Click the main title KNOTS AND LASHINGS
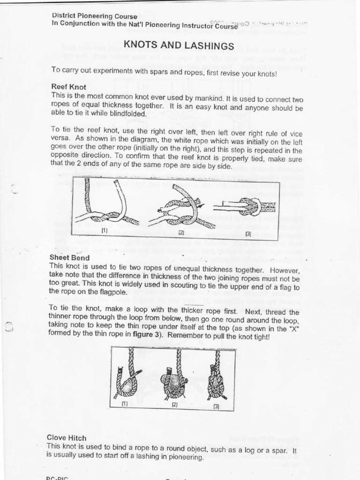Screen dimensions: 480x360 click(x=178, y=45)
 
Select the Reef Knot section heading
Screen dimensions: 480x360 click(x=68, y=87)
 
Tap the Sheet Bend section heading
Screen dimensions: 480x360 click(x=69, y=257)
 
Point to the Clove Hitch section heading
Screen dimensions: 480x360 click(x=67, y=438)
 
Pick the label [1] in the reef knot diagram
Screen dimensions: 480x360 click(x=105, y=230)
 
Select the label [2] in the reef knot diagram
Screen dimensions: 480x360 click(x=181, y=232)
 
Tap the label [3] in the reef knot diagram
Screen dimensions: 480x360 click(x=248, y=233)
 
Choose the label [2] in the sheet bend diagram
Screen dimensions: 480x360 click(x=174, y=404)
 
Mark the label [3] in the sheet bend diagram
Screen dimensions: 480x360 click(x=216, y=406)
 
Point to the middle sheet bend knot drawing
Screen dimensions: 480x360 click(x=174, y=377)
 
